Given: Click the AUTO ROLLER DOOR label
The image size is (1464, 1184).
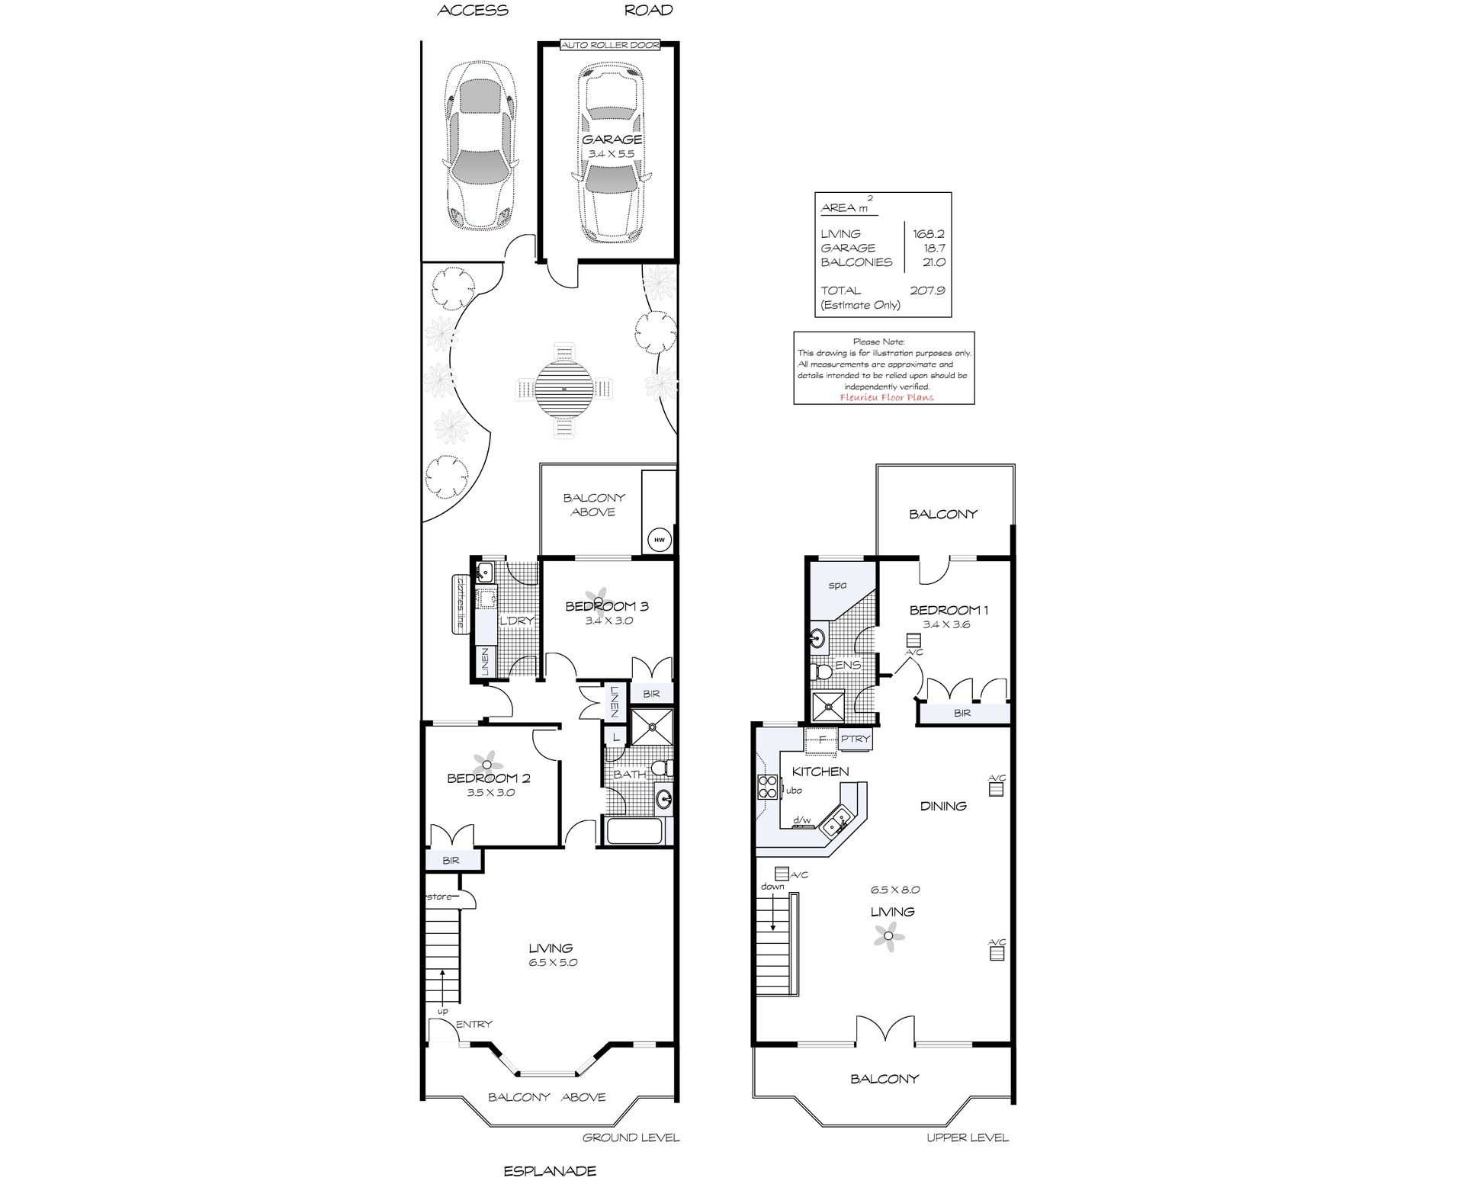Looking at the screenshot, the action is click(610, 45).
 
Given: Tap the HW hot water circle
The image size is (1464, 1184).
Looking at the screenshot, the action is click(660, 541).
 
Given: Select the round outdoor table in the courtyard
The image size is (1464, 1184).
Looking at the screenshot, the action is click(563, 388).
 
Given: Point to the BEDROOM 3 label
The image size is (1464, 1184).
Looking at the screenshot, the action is click(607, 606).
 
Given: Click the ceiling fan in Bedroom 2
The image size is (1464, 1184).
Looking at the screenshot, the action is click(486, 763).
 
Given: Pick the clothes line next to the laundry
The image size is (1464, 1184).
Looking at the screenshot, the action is click(460, 602).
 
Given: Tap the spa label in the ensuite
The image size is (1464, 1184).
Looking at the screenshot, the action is click(838, 586).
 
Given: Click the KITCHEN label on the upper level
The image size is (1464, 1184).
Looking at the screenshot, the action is click(820, 772).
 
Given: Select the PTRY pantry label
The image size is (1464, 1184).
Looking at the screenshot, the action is click(856, 739).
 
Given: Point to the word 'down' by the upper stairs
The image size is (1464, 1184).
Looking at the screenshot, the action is click(772, 887).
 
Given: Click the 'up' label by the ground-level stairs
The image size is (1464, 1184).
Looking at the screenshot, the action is click(442, 1012).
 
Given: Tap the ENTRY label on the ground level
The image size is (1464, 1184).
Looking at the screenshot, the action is click(474, 1024).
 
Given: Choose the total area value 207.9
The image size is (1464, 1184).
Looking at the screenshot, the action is click(927, 290).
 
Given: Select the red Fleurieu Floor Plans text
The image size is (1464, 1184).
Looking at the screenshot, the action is click(886, 397).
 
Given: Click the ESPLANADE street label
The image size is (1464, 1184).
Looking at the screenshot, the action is click(550, 1171).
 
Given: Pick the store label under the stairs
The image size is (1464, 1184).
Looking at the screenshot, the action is click(440, 897).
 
